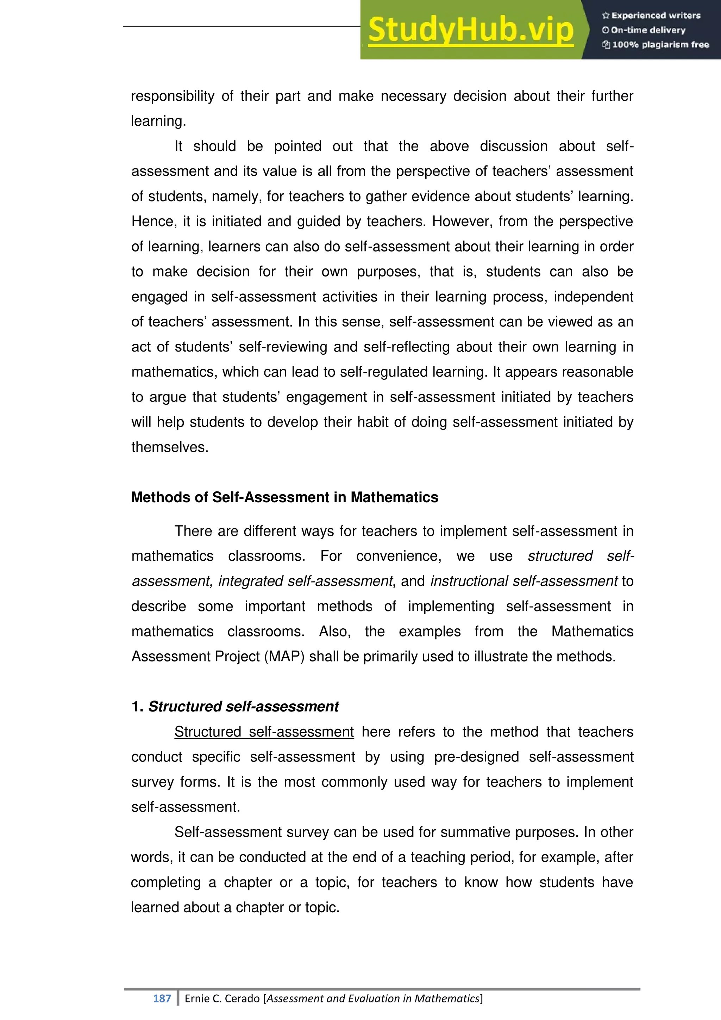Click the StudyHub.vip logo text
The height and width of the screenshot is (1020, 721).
click(x=471, y=30)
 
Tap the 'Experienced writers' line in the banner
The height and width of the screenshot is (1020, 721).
click(x=651, y=15)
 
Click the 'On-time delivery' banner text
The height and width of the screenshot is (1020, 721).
click(x=644, y=30)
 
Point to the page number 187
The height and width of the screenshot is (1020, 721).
click(x=162, y=998)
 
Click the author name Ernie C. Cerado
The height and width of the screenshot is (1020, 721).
click(x=222, y=998)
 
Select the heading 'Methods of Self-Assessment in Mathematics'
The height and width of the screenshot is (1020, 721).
click(x=284, y=497)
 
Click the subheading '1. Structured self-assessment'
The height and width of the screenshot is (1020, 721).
click(x=235, y=707)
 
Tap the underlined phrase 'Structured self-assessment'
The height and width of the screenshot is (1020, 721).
click(x=264, y=732)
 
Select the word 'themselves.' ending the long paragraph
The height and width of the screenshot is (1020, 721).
click(x=170, y=447)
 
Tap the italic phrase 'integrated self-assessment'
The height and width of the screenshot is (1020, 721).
click(x=306, y=581)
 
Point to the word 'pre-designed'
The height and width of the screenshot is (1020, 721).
click(x=476, y=757)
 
